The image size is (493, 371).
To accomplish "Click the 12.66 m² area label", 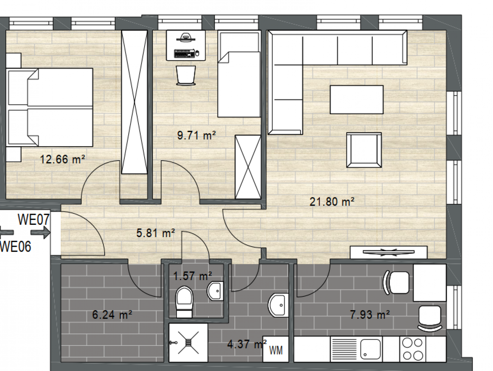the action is pyautogui.click(x=62, y=159).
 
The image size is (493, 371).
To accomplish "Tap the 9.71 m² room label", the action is pyautogui.click(x=197, y=135).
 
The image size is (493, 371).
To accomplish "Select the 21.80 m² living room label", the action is pyautogui.click(x=332, y=201).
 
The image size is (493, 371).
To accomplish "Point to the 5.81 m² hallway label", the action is pyautogui.click(x=156, y=233).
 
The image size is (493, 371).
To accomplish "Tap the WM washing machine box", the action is pyautogui.click(x=276, y=349).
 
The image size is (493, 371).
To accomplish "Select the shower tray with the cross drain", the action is pyautogui.click(x=188, y=342).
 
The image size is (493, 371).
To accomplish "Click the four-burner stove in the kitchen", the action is pyautogui.click(x=413, y=349).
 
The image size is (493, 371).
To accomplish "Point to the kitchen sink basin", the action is pyautogui.click(x=370, y=349).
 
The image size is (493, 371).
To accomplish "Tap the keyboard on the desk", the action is pyautogui.click(x=184, y=53).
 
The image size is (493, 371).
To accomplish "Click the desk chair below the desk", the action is pyautogui.click(x=186, y=75).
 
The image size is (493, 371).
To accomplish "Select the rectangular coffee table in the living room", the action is pyautogui.click(x=356, y=99).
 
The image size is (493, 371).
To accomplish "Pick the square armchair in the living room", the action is pyautogui.click(x=364, y=150).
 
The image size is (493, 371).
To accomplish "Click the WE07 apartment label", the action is pyautogui.click(x=33, y=219).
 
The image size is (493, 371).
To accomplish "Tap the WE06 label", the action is pyautogui.click(x=15, y=247).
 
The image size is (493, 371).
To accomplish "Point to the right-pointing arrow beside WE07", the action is pyautogui.click(x=40, y=233).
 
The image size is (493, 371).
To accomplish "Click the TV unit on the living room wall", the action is pyautogui.click(x=388, y=252).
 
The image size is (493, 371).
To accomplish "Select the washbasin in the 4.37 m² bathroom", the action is pyautogui.click(x=279, y=305).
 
